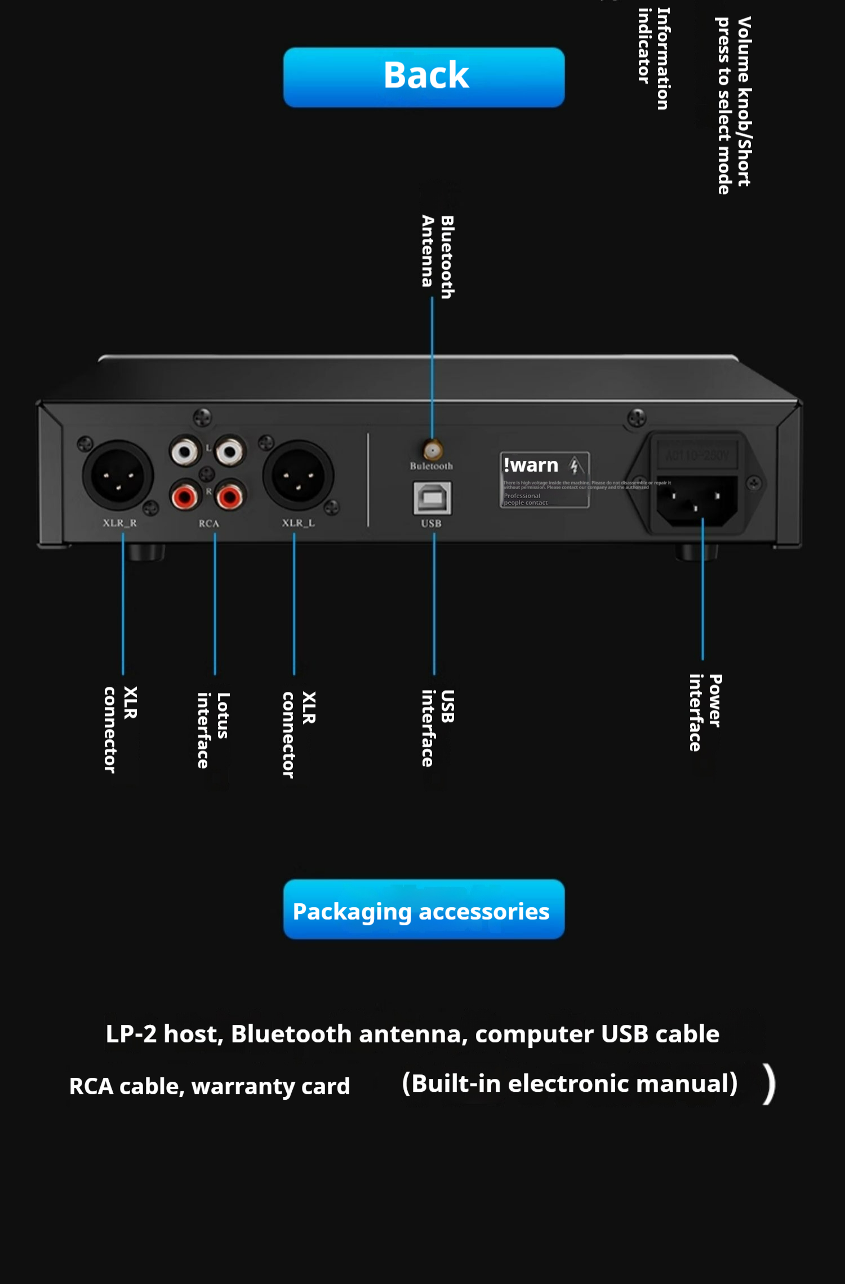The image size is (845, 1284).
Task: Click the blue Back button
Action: click(424, 77)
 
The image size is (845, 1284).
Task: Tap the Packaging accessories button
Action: click(424, 909)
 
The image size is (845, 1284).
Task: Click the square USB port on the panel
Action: click(432, 498)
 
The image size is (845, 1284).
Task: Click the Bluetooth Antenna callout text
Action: click(438, 256)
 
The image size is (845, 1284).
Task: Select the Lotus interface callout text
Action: click(213, 730)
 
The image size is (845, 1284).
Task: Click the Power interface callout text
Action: click(705, 712)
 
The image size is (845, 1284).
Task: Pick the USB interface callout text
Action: click(438, 727)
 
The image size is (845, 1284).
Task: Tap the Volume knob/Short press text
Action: click(733, 105)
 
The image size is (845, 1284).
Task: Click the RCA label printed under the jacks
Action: click(208, 523)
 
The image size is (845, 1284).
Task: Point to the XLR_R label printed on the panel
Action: click(119, 523)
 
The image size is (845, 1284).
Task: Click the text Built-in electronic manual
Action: click(570, 1083)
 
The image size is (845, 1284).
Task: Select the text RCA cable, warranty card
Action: click(210, 1086)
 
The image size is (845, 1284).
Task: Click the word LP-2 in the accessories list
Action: click(131, 1034)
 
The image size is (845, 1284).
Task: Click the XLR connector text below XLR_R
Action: click(120, 729)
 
